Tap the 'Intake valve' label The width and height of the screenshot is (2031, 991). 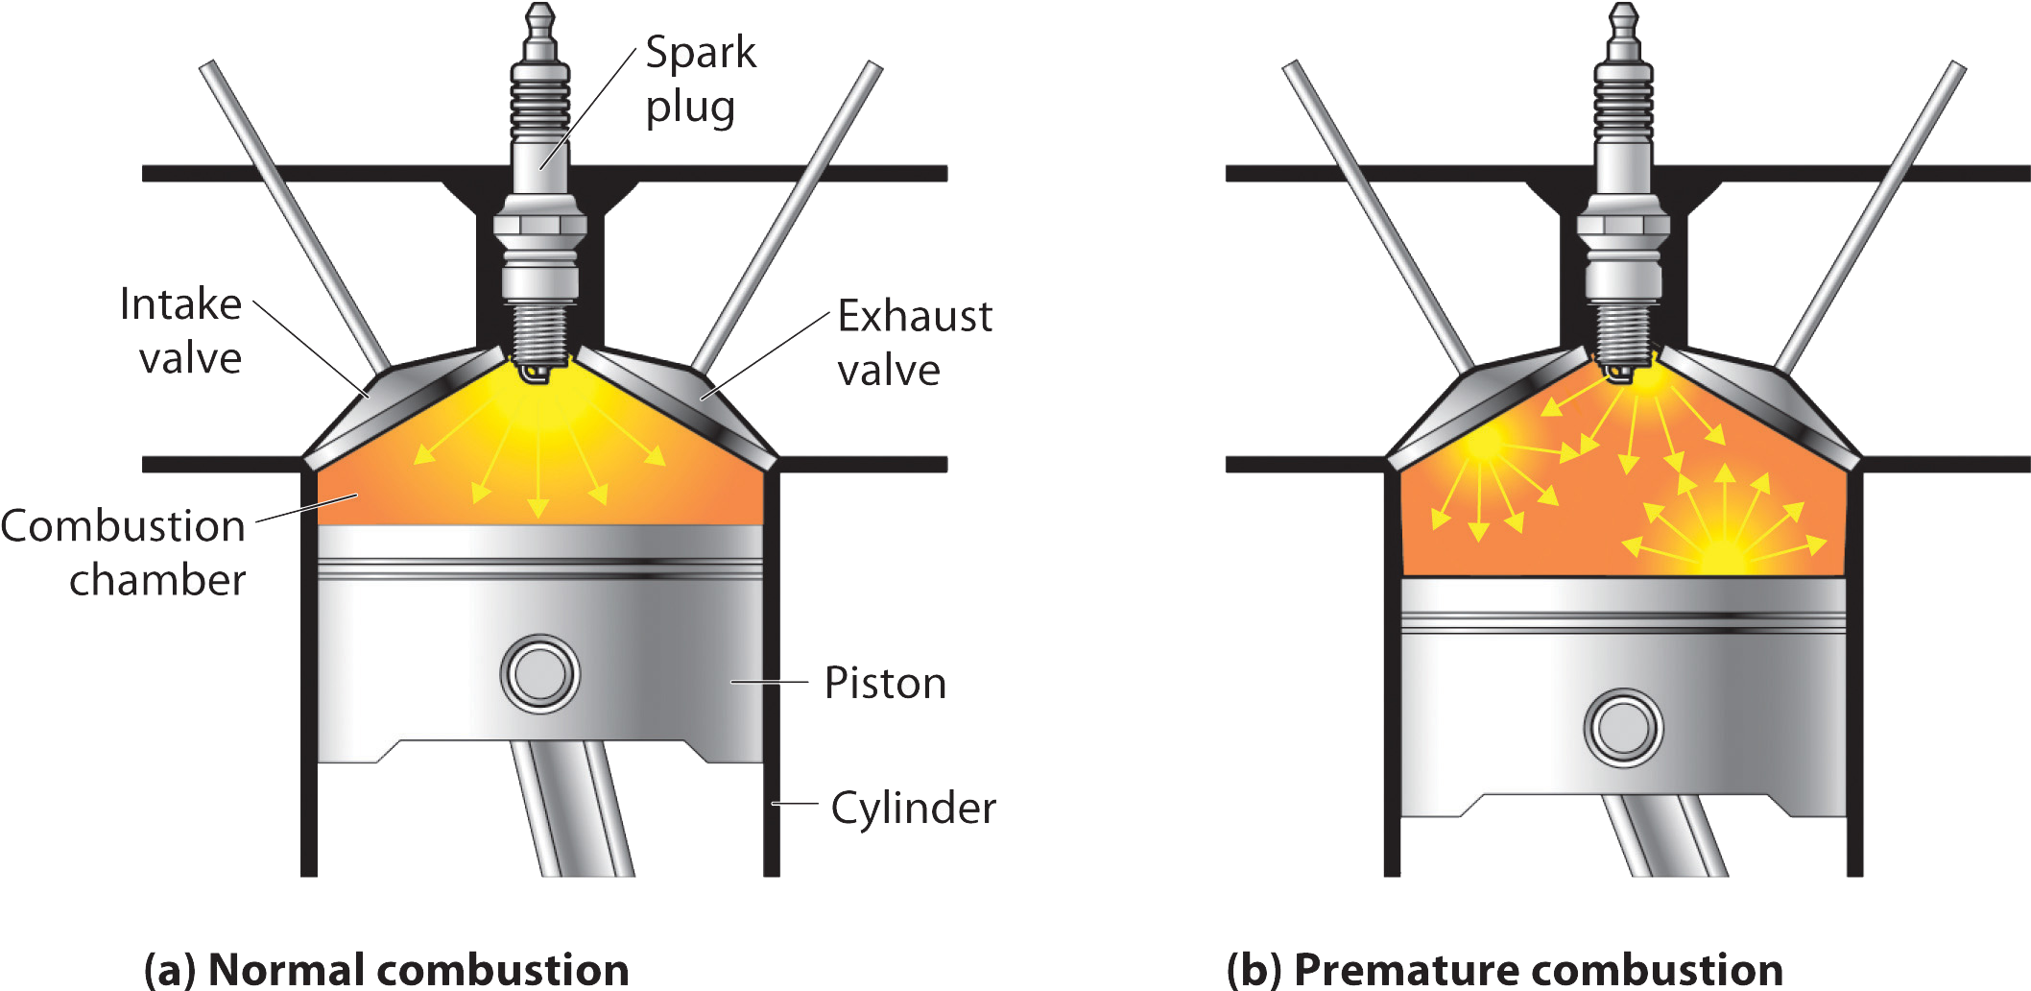182,331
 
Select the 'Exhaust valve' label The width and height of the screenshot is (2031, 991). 914,343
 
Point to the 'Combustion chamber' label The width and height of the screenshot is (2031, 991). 124,553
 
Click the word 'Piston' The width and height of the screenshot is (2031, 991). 885,684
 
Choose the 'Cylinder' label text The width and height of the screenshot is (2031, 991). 912,809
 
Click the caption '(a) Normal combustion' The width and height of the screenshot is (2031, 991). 387,970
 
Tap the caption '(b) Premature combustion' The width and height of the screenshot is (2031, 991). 1505,970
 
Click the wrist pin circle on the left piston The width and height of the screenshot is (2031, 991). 539,673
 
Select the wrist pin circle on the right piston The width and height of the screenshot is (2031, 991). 1623,728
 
